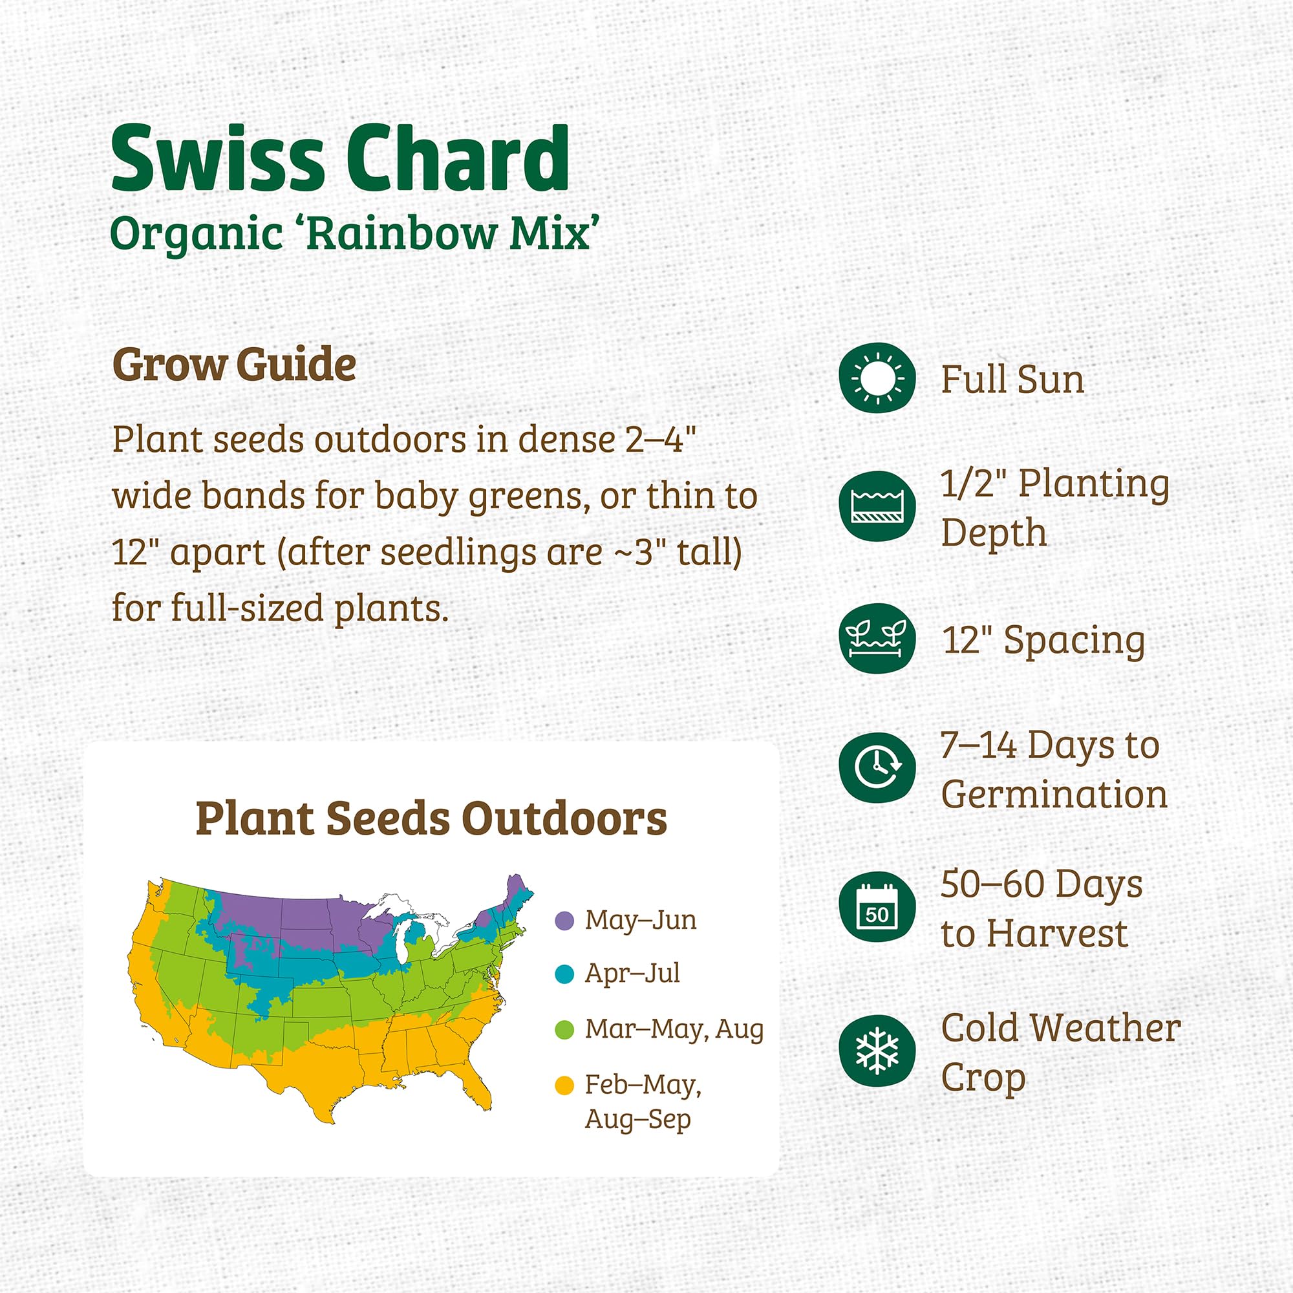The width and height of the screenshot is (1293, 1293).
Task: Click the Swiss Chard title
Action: coord(339,159)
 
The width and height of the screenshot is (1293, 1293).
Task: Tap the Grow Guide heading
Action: coord(233,365)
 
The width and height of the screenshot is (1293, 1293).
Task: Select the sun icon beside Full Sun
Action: coord(877,378)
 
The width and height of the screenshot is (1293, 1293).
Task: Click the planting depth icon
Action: coord(877,506)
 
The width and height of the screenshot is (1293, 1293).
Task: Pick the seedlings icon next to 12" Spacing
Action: coord(877,638)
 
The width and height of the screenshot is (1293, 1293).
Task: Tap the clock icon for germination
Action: coord(877,767)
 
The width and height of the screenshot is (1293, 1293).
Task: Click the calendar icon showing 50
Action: coord(877,907)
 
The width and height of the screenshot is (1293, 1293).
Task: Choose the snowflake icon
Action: coord(877,1050)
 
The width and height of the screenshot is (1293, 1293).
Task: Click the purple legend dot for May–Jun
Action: coord(565,921)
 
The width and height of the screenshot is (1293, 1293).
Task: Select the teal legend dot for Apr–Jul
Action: coord(565,974)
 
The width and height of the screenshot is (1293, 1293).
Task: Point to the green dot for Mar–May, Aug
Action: coord(565,1029)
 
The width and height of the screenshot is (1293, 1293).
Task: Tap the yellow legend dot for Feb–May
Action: coord(565,1085)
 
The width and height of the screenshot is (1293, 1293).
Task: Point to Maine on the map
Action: coord(517,893)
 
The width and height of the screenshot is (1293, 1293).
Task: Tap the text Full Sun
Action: coord(1012,379)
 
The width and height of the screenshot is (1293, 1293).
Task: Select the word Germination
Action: coord(1054,795)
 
